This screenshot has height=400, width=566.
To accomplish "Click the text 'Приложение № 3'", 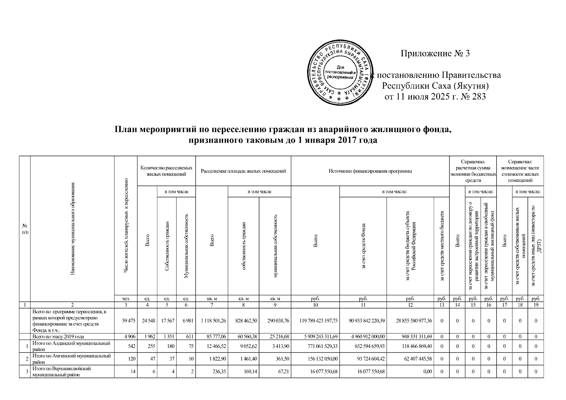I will [x=435, y=54].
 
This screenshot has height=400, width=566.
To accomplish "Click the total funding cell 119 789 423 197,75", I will [x=316, y=321].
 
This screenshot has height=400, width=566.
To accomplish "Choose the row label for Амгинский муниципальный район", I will [x=71, y=359].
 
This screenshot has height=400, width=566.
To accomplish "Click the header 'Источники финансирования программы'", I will [x=370, y=171].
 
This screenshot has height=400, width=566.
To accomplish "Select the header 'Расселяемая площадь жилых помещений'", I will [x=243, y=171].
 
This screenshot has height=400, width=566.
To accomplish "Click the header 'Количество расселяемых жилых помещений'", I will [x=166, y=171].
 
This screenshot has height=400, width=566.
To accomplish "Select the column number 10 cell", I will [x=315, y=305].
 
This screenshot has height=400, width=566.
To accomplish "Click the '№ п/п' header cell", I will [x=25, y=229].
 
